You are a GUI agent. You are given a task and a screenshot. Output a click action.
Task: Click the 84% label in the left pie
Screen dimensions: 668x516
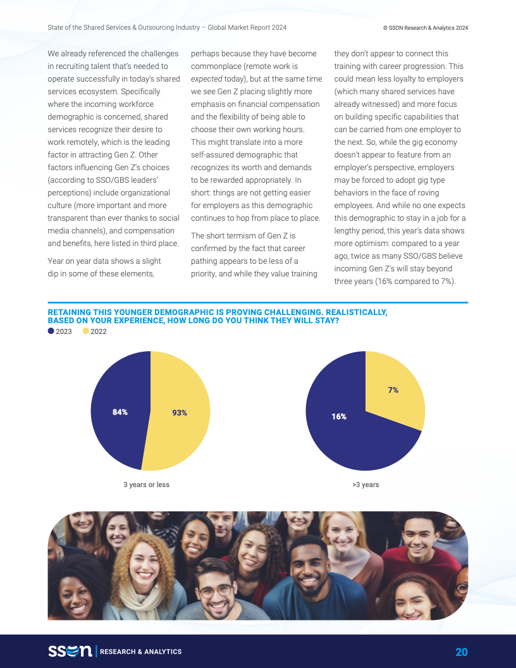click(x=120, y=412)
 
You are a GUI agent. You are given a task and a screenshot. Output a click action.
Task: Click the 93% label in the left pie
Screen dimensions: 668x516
click(x=180, y=412)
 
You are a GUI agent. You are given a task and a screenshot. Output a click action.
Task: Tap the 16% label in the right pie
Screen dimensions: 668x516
click(x=338, y=416)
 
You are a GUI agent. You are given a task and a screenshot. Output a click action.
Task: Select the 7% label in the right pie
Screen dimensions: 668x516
click(x=393, y=390)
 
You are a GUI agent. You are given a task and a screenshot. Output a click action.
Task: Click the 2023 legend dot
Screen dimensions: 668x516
click(x=51, y=331)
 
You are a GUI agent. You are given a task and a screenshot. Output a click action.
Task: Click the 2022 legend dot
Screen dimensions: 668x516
click(x=86, y=331)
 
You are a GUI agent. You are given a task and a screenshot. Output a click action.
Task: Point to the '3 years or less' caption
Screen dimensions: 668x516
click(x=146, y=485)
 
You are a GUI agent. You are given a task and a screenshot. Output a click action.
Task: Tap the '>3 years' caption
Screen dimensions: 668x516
click(x=365, y=485)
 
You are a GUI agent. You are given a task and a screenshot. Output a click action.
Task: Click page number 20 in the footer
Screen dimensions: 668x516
click(x=461, y=652)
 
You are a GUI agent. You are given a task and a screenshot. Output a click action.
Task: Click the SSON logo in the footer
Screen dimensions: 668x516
click(x=70, y=652)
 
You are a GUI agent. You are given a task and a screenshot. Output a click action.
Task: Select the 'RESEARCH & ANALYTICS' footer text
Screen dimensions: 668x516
click(x=140, y=652)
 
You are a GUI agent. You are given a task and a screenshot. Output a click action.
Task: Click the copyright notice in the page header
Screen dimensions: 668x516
click(x=425, y=28)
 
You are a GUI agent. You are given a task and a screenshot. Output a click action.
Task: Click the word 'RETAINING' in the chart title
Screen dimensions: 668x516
click(x=69, y=312)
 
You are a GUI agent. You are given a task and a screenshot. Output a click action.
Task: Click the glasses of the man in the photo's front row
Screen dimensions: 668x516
click(x=215, y=590)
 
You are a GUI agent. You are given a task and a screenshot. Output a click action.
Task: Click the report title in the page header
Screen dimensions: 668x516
click(x=167, y=28)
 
